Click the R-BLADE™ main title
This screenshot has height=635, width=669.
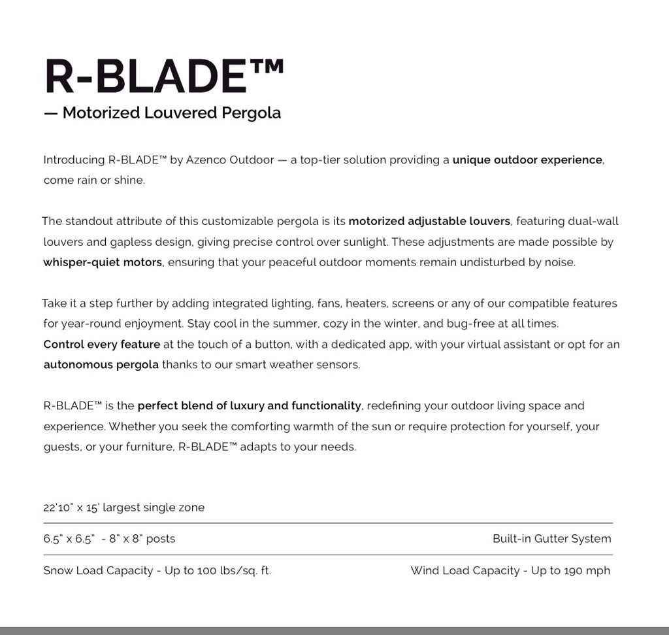coord(163,77)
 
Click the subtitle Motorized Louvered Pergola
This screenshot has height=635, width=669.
coord(171,112)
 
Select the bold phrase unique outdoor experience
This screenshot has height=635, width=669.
coord(527,160)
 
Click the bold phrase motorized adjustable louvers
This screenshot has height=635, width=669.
coord(429,221)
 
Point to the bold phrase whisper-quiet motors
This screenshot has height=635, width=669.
coord(103,262)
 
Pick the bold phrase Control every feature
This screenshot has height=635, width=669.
coord(102,344)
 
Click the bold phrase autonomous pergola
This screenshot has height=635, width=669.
coord(101,364)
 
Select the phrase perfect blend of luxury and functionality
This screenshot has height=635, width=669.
coord(250,405)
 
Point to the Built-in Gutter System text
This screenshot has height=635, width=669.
coord(551,539)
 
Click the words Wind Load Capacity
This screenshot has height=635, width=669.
coord(465,570)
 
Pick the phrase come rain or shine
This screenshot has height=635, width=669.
coord(94,180)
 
